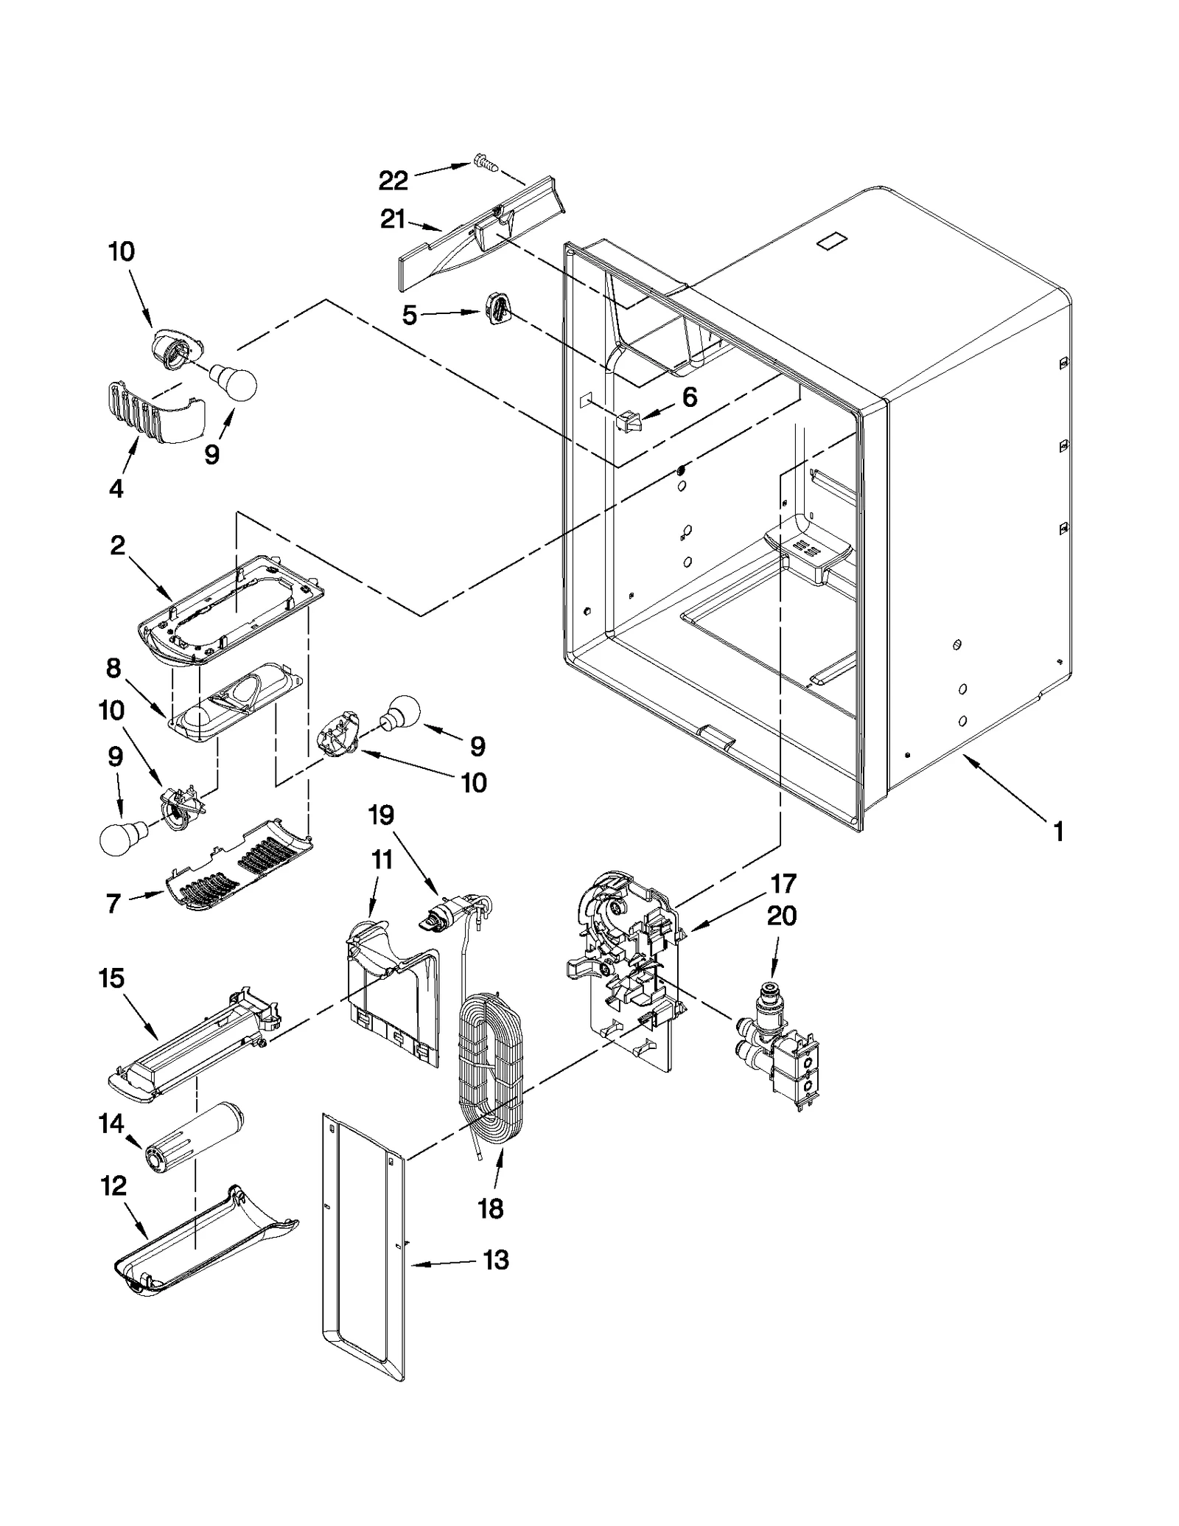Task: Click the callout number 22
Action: (x=393, y=179)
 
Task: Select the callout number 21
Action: (x=392, y=220)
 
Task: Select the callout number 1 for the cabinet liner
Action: (x=1058, y=832)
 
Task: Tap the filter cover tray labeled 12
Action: (x=206, y=1257)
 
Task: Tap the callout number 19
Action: (x=382, y=815)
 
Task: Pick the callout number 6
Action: (x=689, y=397)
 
